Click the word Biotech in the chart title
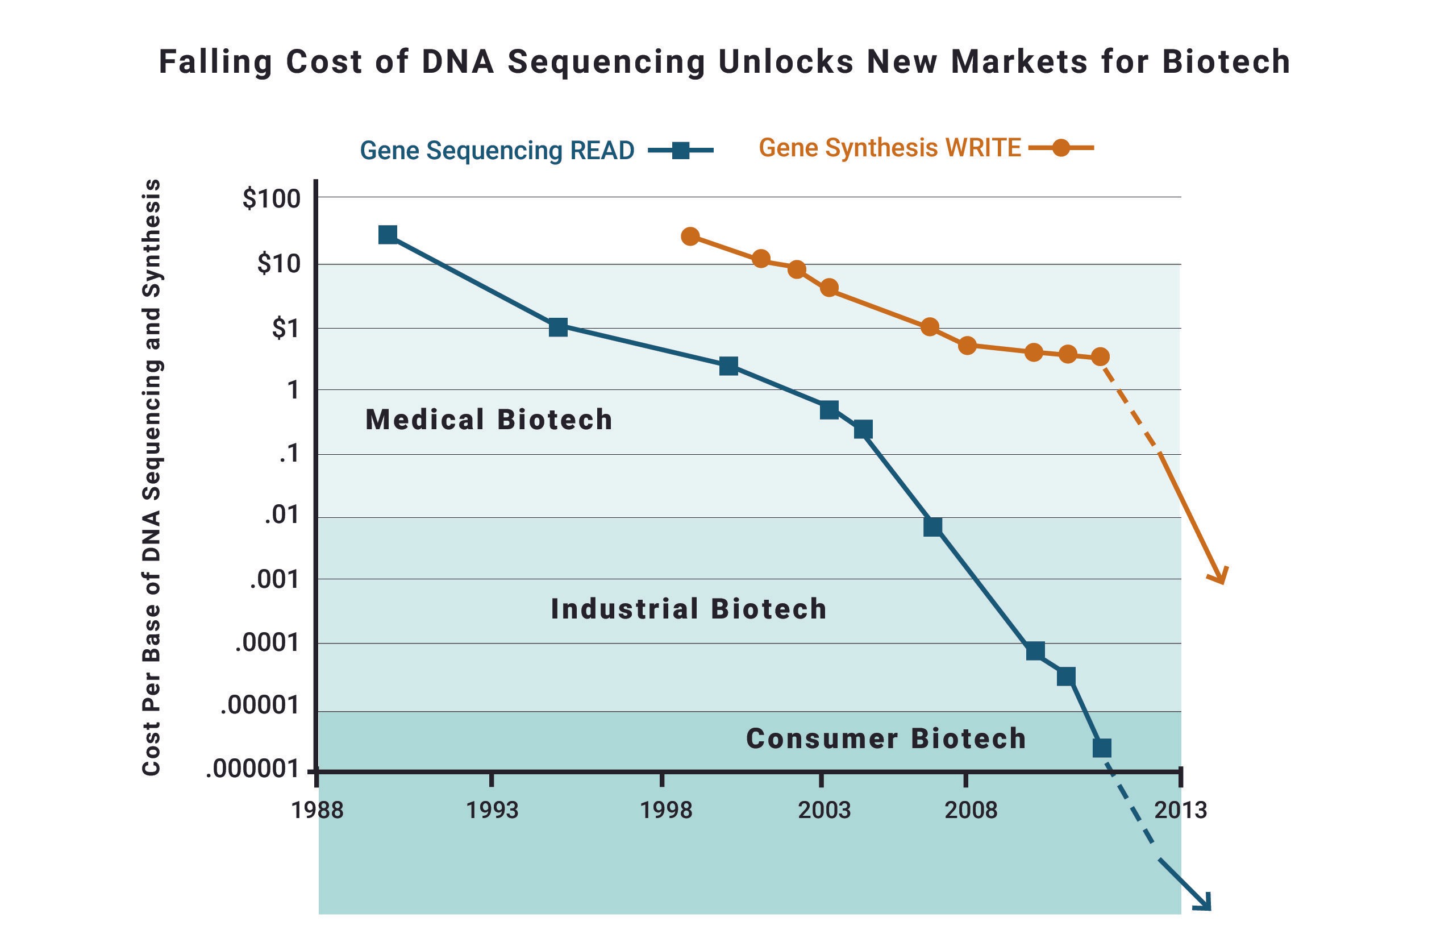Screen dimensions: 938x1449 point(1226,61)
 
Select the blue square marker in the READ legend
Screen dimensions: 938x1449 point(681,151)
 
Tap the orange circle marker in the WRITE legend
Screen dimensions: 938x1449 point(1060,148)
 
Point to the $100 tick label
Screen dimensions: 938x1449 point(272,199)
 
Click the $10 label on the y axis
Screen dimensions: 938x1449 point(278,264)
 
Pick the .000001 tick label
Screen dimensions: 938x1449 point(253,769)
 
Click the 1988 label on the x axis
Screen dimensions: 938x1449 point(317,810)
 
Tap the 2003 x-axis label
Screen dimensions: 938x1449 point(824,810)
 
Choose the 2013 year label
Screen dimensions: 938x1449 point(1181,810)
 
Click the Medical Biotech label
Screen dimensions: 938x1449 point(489,420)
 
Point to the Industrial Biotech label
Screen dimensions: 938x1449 point(689,609)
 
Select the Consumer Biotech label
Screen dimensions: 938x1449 point(886,738)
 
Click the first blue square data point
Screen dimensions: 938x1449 point(388,234)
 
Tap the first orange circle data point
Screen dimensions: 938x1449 point(690,236)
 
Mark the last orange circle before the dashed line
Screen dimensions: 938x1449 point(1100,356)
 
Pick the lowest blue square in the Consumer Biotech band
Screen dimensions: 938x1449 point(1101,748)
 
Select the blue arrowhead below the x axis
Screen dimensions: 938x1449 point(1203,903)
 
